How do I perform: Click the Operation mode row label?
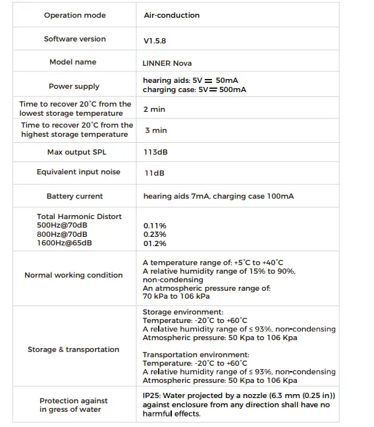coord(74,15)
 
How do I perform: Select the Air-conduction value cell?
coord(171,15)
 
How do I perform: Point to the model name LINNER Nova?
coord(167,64)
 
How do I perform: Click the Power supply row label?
coord(74,86)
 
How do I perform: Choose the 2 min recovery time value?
coord(154,109)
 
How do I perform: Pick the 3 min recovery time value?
coord(156,130)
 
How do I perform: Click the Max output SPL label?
coord(76,152)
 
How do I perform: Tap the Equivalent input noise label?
coord(78,172)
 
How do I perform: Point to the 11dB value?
coord(154,173)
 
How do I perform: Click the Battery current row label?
coord(74,196)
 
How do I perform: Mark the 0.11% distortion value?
coord(155,226)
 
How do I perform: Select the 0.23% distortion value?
coord(155,234)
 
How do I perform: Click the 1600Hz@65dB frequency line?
coord(65,243)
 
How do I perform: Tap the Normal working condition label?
coord(73,275)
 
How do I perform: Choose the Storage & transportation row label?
coord(73,349)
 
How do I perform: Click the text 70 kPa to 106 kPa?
coord(176,296)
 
